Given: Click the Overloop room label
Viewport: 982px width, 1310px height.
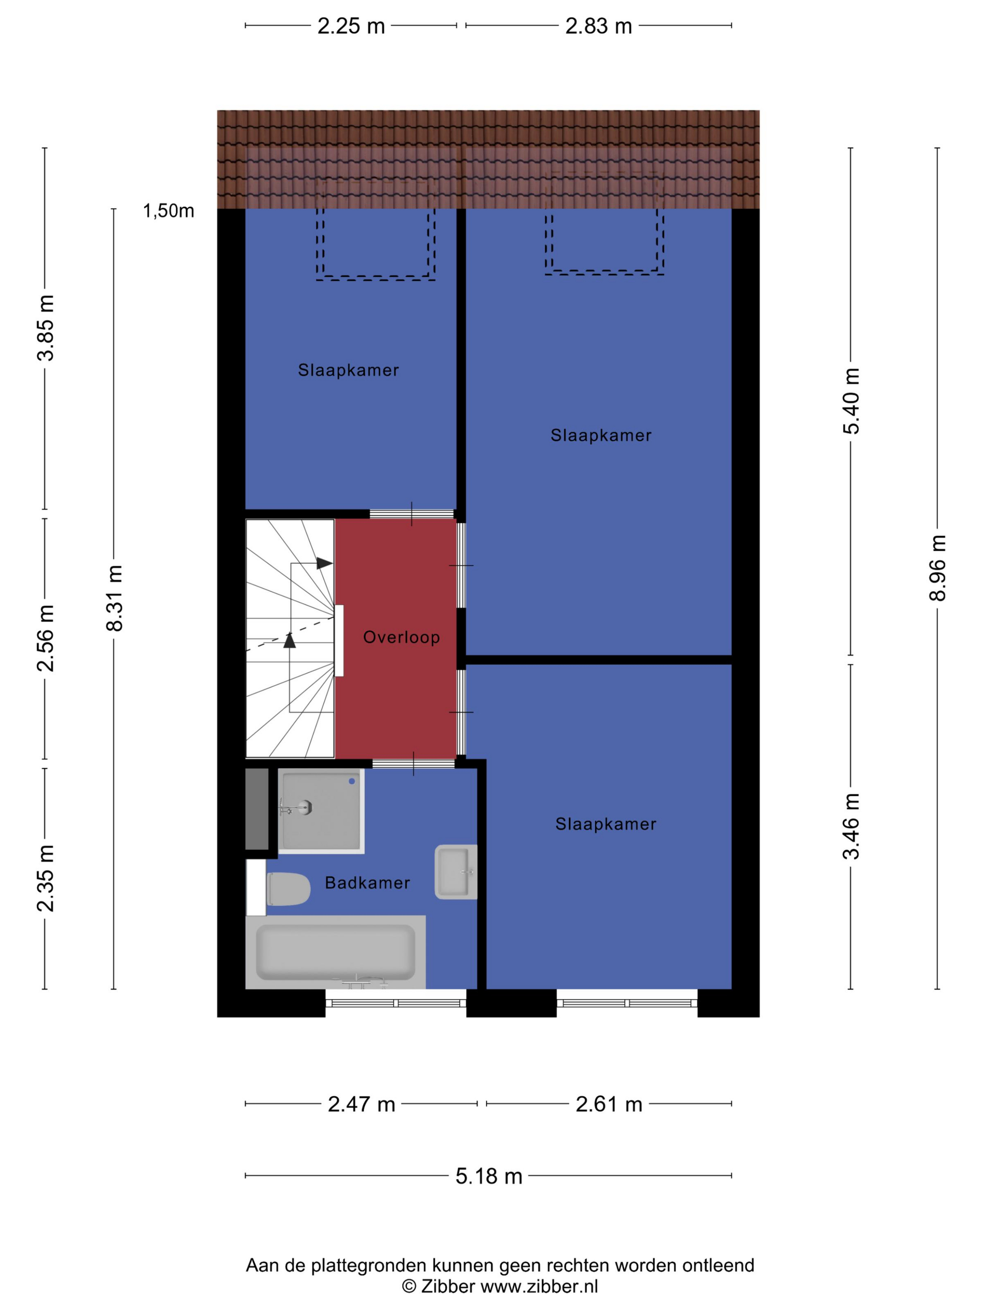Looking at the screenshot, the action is point(401,637).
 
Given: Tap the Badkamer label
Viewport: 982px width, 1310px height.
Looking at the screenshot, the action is point(367,883).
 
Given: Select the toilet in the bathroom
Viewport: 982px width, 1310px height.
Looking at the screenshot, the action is point(288,888).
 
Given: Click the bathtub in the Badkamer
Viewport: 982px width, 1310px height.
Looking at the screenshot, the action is point(335,952).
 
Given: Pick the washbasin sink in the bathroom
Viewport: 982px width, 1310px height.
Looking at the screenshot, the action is point(456,872).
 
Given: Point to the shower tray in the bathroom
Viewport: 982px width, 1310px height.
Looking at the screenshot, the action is point(321,811).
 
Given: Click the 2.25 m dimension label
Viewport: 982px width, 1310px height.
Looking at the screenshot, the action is point(351,26).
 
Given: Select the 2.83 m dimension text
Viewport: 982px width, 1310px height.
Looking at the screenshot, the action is point(599,26).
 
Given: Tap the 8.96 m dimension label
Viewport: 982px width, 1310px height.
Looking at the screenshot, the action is point(937,568).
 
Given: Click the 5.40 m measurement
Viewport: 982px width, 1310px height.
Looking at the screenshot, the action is point(851,401).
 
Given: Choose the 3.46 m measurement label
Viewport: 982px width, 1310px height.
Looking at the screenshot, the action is point(851,826).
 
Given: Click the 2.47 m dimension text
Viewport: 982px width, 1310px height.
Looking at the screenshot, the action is point(361,1104).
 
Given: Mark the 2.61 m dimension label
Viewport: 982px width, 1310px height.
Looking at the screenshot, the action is point(608,1104).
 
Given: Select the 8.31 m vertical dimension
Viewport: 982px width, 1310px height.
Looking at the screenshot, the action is point(114,597).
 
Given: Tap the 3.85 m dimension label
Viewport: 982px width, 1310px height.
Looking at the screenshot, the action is point(45,327).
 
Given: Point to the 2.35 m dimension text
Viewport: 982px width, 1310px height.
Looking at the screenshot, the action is point(45,878).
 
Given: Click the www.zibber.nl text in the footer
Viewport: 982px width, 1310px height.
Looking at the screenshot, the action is point(539,1286).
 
